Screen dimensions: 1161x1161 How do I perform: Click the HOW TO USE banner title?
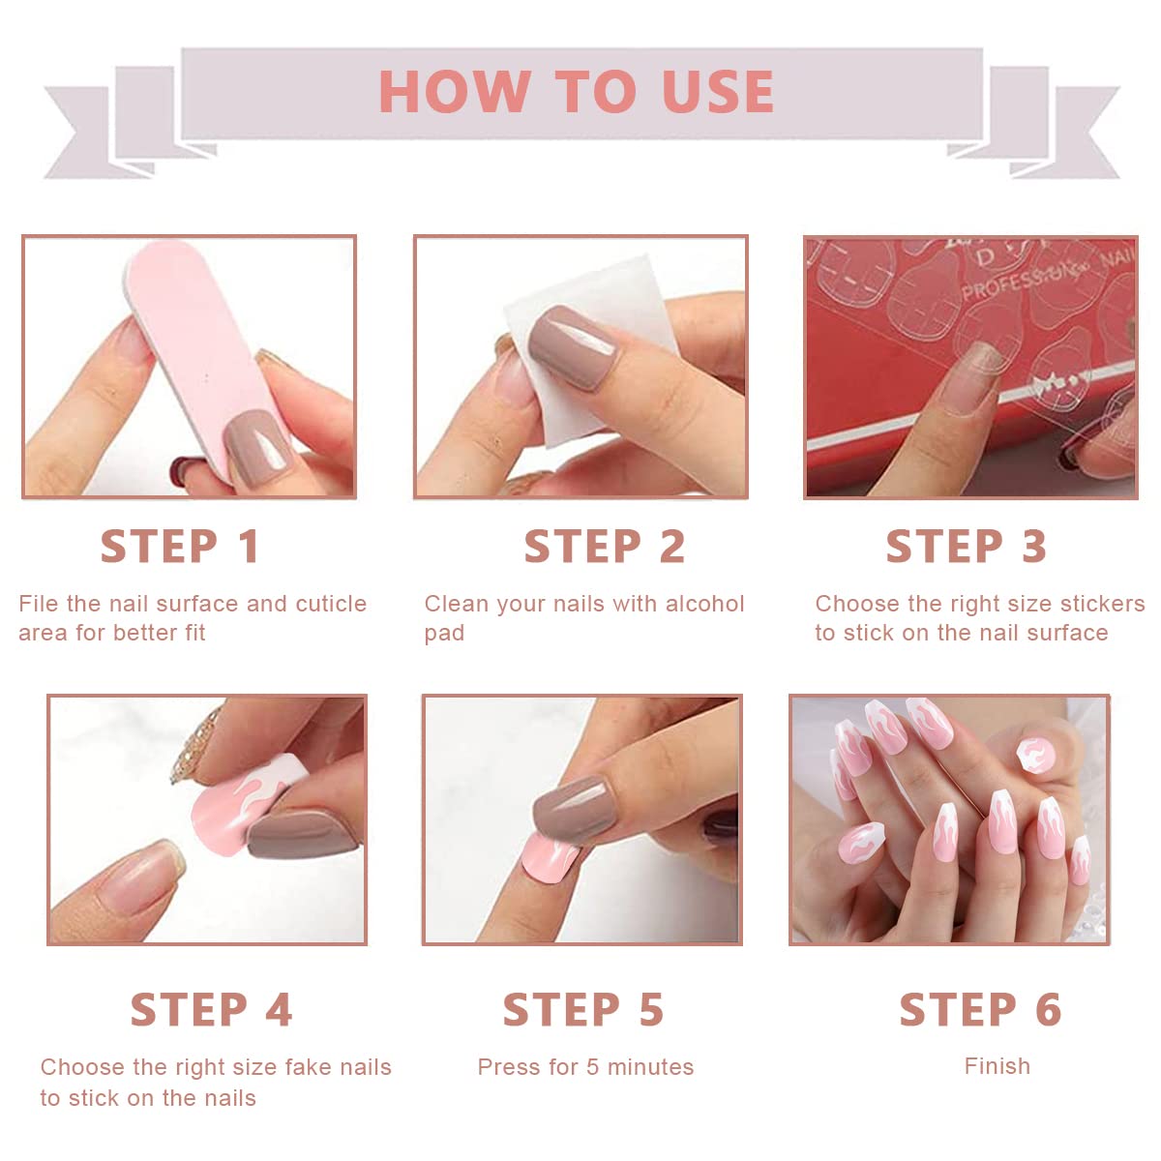(576, 92)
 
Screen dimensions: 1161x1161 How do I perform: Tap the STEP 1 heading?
(180, 547)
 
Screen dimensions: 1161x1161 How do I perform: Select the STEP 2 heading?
(605, 547)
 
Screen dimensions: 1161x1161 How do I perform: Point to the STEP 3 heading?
(967, 547)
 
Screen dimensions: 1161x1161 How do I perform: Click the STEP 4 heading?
(211, 1010)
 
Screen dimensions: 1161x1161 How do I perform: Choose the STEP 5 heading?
(583, 1010)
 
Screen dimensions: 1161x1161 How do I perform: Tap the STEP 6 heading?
(980, 1010)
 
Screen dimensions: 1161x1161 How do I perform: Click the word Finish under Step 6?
(997, 1066)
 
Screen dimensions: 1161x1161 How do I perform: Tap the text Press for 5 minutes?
(585, 1067)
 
